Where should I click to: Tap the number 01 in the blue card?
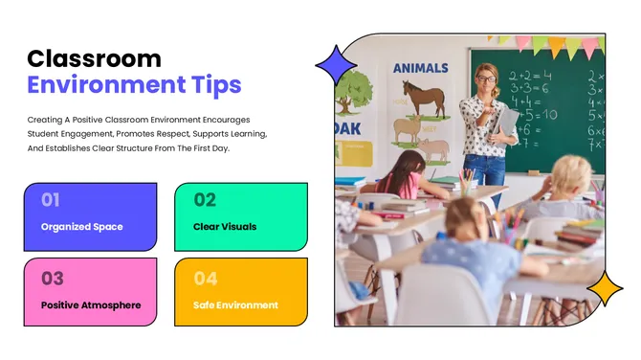pos(51,200)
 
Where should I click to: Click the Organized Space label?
pos(81,227)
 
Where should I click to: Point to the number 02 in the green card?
pos(205,200)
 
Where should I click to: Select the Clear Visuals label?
pos(225,227)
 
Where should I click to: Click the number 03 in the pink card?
pos(52,279)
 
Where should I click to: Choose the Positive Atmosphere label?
pos(91,305)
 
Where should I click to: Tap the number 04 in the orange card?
pos(206,279)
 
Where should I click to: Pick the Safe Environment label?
pos(235,305)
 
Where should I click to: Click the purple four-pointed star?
pos(335,65)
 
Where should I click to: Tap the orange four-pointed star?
pos(604,287)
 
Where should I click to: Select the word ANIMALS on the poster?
pos(420,68)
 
